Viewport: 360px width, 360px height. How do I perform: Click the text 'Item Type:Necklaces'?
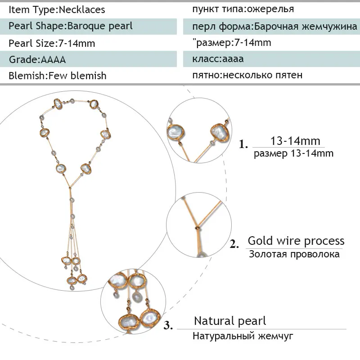point(57,9)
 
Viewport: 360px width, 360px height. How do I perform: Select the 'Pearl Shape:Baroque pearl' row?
point(88,27)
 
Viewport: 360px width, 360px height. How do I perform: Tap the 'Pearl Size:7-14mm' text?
point(52,43)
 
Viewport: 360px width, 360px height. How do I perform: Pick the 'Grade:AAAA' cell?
point(88,59)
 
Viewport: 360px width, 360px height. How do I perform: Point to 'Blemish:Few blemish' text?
point(58,76)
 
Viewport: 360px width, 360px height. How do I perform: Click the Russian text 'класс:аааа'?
point(218,59)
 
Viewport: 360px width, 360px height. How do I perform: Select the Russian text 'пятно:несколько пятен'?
point(247,75)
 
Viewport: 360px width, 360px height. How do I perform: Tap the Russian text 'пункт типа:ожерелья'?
point(243,9)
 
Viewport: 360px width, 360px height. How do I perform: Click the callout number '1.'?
point(243,144)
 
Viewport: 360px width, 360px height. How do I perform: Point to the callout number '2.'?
point(234,244)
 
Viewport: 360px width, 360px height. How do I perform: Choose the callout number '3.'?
point(168,325)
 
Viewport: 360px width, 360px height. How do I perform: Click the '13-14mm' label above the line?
point(295,141)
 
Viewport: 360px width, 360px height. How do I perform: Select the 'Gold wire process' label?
point(296,241)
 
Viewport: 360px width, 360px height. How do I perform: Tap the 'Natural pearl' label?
point(230,321)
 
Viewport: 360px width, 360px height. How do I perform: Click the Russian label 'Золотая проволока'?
point(294,254)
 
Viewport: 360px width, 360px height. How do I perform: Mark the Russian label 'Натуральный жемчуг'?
point(243,336)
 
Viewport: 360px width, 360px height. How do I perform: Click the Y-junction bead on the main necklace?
point(70,188)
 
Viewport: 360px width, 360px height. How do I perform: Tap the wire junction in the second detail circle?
point(197,228)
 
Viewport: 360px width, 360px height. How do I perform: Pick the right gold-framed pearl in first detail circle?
point(220,133)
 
